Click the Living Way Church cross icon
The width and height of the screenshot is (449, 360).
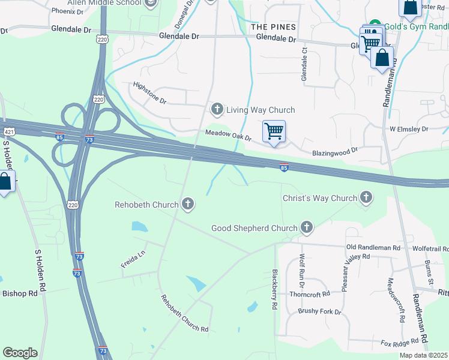(x=217, y=110)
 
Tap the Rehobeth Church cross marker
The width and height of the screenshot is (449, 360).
(x=188, y=205)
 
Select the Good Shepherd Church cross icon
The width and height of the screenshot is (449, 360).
(x=307, y=228)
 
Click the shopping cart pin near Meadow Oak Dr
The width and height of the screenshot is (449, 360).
(x=274, y=131)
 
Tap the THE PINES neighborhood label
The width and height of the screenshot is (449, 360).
(x=274, y=28)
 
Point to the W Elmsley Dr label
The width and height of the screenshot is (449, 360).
(x=409, y=129)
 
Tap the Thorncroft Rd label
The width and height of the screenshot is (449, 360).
(x=310, y=294)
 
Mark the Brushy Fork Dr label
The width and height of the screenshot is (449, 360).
(x=319, y=312)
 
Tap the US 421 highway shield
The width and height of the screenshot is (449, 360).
(x=8, y=131)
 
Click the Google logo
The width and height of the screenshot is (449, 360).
(x=20, y=352)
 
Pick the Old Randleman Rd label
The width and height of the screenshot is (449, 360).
(x=373, y=247)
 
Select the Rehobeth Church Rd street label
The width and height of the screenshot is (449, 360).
(x=184, y=314)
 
